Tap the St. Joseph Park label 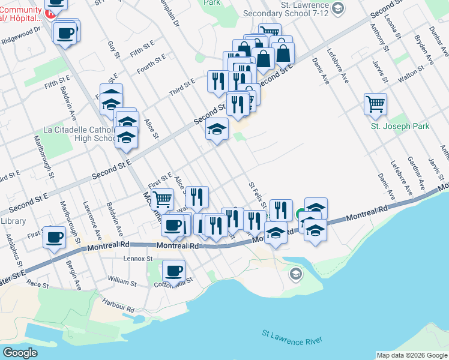point(391,127)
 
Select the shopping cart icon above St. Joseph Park point(375,104)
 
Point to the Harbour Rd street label point(118,305)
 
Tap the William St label point(123,280)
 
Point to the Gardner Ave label point(416,173)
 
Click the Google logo point(20,353)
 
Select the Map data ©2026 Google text point(411,355)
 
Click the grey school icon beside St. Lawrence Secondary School point(338,8)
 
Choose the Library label point(13,221)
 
